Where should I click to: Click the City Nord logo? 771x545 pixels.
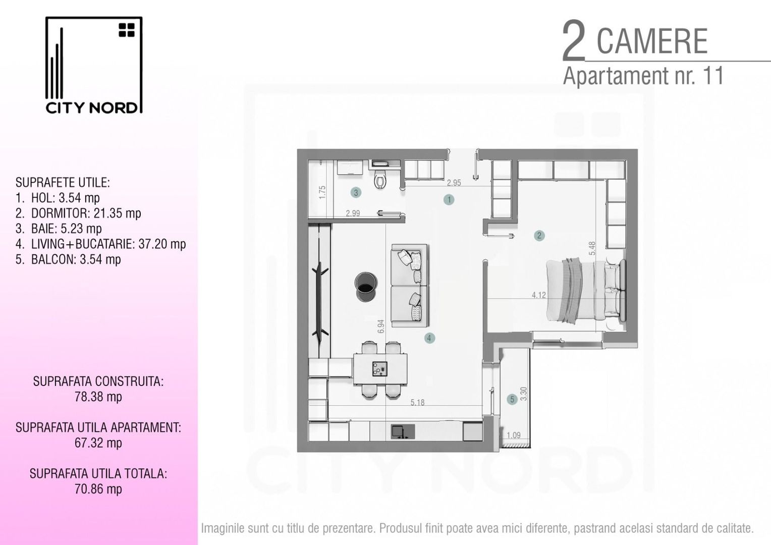(x=93, y=65)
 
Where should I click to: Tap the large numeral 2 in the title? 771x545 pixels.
(x=574, y=41)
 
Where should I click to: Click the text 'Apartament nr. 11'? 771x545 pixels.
(x=643, y=76)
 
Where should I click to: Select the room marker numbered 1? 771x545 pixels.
(x=449, y=199)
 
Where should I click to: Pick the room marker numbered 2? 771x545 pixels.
(x=539, y=235)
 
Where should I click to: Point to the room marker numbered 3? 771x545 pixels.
(x=356, y=192)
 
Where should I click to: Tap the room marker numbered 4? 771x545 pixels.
(x=429, y=338)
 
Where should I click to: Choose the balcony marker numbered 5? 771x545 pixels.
(x=512, y=400)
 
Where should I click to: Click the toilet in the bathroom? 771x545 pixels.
(x=380, y=179)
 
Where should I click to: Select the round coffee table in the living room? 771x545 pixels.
(x=366, y=287)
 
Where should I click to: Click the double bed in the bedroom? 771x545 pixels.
(x=585, y=291)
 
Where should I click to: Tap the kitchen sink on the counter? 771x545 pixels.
(x=403, y=431)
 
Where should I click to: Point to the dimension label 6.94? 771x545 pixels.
(x=381, y=326)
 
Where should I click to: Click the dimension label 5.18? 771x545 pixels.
(x=417, y=403)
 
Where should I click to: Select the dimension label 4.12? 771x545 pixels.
(x=538, y=295)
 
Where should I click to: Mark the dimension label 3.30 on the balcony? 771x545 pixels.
(x=524, y=394)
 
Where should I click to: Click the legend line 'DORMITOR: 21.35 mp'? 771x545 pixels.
(x=86, y=213)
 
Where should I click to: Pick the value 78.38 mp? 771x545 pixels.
(x=98, y=397)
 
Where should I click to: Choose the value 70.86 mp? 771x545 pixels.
(x=98, y=489)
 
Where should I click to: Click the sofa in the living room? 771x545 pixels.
(x=409, y=286)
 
